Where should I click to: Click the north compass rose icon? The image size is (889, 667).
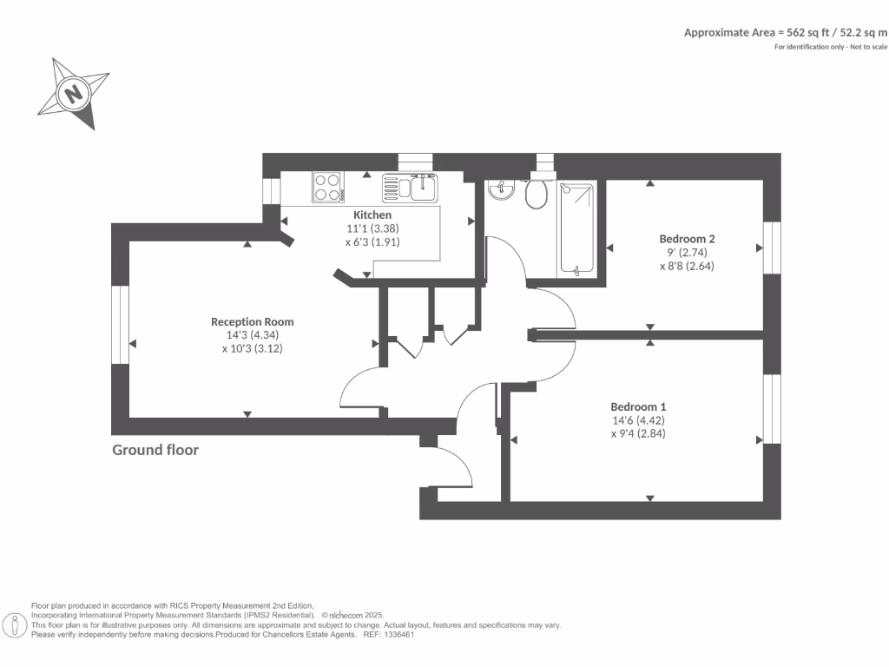click(x=73, y=93)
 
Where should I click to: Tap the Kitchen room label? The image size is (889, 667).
click(x=372, y=215)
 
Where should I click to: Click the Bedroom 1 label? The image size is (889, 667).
click(x=638, y=406)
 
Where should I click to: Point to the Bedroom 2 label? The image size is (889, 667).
click(x=687, y=238)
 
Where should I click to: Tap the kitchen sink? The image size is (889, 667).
click(x=423, y=187)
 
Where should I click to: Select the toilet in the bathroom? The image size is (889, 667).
click(x=537, y=194)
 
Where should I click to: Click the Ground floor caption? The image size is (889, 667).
click(x=155, y=450)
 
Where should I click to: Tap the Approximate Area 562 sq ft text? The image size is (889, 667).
click(x=786, y=32)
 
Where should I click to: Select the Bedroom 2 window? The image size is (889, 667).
click(x=767, y=248)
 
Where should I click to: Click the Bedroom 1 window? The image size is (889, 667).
click(x=767, y=408)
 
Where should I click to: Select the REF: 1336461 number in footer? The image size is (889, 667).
click(x=391, y=635)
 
